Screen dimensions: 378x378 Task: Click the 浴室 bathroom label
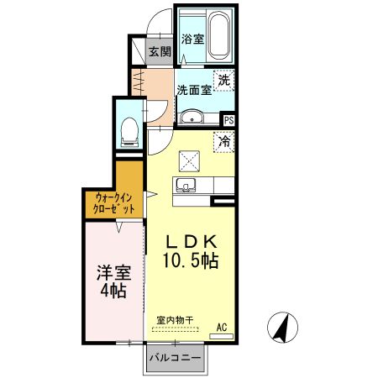pos(192,39)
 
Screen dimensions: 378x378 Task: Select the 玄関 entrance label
pos(160,51)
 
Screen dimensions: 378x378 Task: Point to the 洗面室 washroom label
pos(192,90)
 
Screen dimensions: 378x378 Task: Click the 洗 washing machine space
pos(223,81)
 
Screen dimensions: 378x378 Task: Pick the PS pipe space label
pos(228,120)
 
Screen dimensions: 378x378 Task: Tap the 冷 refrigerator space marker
pos(224,142)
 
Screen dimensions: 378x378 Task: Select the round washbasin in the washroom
pos(192,117)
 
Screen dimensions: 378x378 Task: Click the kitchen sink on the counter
pos(186,185)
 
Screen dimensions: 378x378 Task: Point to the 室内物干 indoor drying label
pos(175,320)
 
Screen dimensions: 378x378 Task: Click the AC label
pos(222,326)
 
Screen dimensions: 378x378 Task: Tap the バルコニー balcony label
pos(175,359)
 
